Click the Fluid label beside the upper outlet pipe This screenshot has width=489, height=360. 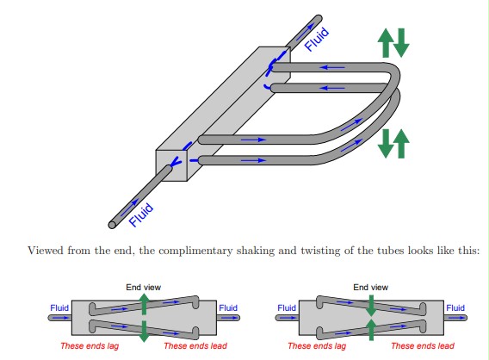pos(317,39)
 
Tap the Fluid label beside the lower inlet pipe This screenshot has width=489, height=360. pos(141,214)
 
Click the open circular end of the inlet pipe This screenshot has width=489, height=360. pos(112,225)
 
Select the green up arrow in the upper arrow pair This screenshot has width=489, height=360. pos(386,43)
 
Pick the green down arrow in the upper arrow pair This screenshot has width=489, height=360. pos(401,43)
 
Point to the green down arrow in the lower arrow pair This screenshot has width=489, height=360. pos(386,144)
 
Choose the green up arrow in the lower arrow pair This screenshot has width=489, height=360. pos(401,144)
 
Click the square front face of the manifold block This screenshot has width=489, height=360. pos(171,165)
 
